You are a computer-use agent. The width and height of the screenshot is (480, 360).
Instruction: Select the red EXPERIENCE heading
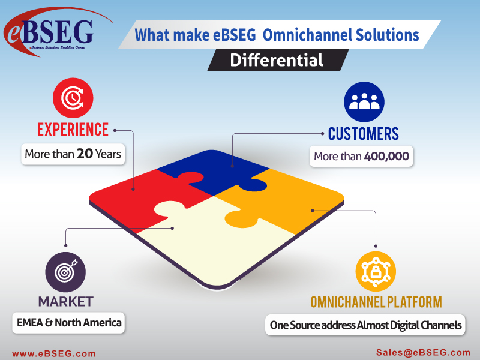[73, 129]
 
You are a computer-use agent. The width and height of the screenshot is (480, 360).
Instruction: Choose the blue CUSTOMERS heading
[363, 133]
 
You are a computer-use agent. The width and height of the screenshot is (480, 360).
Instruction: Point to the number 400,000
[386, 157]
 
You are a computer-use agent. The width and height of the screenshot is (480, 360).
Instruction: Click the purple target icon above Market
[65, 272]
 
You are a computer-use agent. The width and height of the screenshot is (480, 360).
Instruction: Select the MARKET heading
[65, 300]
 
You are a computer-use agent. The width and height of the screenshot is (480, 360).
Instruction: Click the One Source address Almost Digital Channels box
[365, 325]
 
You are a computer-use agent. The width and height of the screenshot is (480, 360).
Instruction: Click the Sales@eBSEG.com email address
[424, 353]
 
